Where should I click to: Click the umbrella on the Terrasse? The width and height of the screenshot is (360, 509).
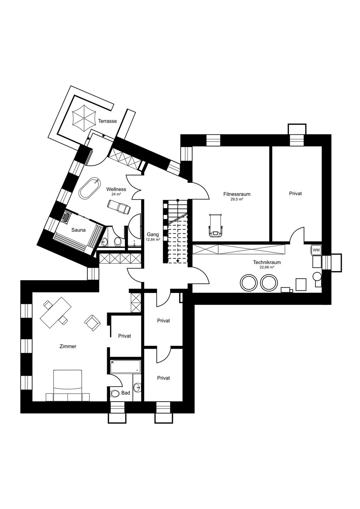click(x=84, y=118)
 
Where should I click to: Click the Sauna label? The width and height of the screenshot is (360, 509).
click(x=79, y=230)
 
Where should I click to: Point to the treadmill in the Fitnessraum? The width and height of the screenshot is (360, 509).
click(x=215, y=226)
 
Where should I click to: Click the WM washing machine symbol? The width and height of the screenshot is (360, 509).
click(x=316, y=250)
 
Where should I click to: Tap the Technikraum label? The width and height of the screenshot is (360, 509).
click(x=267, y=262)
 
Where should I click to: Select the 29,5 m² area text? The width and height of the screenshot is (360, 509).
click(x=237, y=199)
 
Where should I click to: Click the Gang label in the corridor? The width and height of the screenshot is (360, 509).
click(x=153, y=234)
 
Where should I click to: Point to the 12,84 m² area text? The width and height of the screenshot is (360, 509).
click(x=153, y=239)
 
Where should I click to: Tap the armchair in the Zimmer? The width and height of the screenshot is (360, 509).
click(x=93, y=323)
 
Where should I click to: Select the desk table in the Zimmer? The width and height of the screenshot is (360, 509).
click(x=56, y=312)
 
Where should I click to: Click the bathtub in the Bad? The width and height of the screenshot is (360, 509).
click(x=125, y=367)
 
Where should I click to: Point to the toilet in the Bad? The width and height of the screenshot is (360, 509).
click(x=115, y=393)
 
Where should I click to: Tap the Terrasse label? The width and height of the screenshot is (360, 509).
click(x=108, y=121)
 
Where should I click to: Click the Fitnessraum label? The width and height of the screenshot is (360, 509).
click(x=237, y=194)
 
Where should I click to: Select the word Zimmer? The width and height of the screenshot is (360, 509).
click(x=68, y=346)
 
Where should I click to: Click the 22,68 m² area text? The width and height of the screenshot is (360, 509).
click(x=267, y=267)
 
